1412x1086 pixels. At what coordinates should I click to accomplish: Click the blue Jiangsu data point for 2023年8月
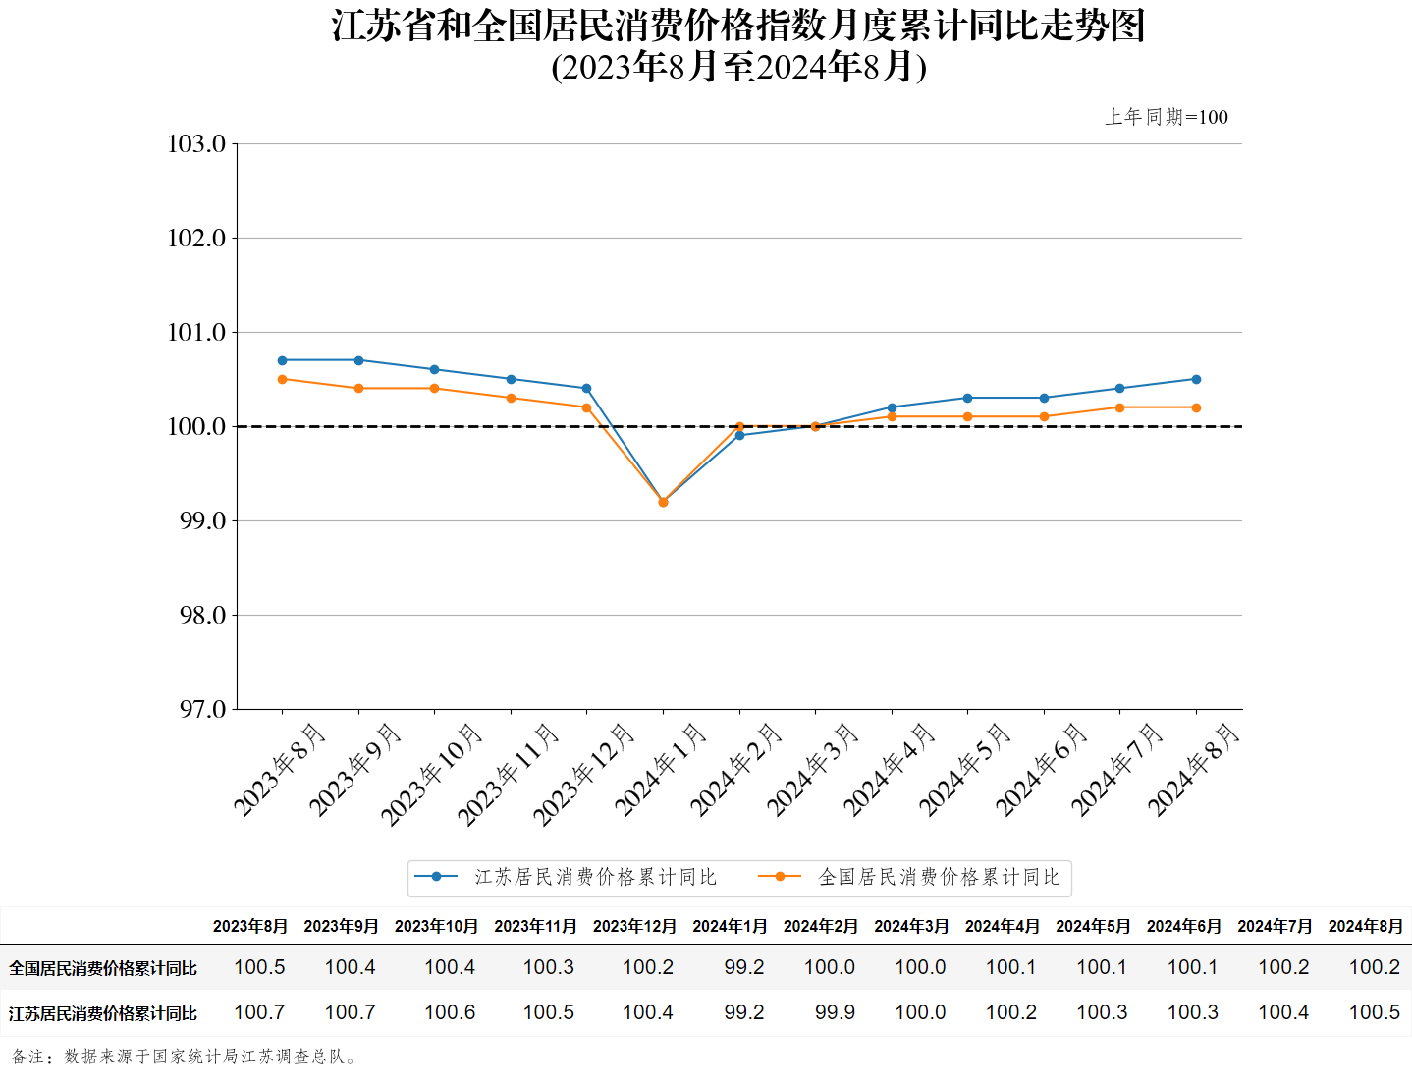pyautogui.click(x=283, y=360)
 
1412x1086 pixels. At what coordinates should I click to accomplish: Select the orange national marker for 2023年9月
pyautogui.click(x=358, y=389)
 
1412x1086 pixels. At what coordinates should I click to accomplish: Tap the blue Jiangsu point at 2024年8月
pyautogui.click(x=1196, y=379)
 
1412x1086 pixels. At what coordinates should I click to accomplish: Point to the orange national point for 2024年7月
pyautogui.click(x=1119, y=407)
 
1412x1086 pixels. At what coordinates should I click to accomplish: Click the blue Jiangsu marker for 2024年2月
pyautogui.click(x=739, y=435)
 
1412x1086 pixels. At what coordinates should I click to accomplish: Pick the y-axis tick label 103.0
pyautogui.click(x=196, y=144)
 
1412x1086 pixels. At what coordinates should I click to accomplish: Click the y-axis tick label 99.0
pyautogui.click(x=202, y=521)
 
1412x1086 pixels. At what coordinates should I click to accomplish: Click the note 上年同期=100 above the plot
pyautogui.click(x=1167, y=117)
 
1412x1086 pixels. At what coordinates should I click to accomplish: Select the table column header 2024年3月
pyautogui.click(x=911, y=926)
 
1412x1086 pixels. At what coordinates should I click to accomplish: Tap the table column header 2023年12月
pyautogui.click(x=634, y=926)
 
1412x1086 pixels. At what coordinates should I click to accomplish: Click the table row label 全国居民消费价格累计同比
pyautogui.click(x=103, y=968)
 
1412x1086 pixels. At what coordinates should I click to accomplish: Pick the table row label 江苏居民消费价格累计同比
pyautogui.click(x=103, y=1013)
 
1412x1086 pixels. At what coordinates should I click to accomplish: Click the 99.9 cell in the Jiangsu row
pyautogui.click(x=835, y=1012)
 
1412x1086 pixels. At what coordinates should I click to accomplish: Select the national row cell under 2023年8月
pyautogui.click(x=259, y=967)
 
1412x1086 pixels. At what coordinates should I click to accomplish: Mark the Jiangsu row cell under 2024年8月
pyautogui.click(x=1375, y=1012)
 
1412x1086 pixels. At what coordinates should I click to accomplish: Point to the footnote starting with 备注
pyautogui.click(x=185, y=1057)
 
